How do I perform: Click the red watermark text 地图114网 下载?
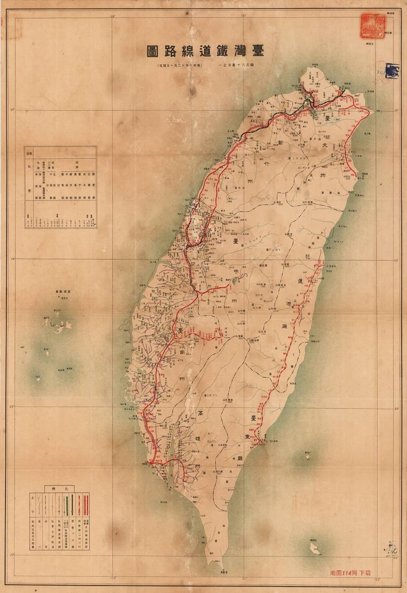[x=351, y=573]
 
